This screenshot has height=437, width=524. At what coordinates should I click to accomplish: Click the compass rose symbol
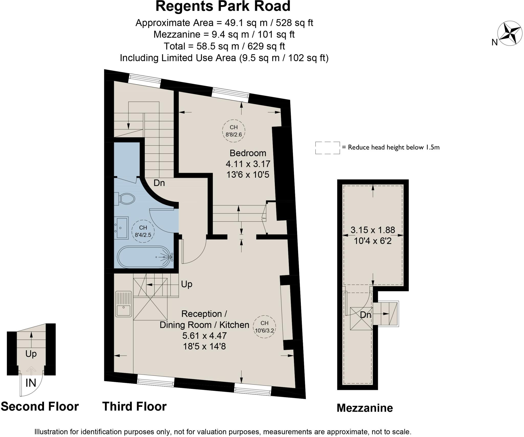point(509,33)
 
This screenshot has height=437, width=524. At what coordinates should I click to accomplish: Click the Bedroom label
point(248,153)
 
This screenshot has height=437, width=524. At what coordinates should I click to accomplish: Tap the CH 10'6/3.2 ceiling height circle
point(264,327)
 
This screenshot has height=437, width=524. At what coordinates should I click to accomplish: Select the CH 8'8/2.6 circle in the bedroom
point(234,131)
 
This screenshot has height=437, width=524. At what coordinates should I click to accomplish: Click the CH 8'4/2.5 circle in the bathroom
point(143,231)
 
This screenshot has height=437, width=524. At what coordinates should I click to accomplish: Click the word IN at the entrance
point(31,383)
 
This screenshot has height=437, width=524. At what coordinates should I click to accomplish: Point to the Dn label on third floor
point(159,183)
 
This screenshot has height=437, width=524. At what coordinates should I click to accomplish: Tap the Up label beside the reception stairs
point(187,284)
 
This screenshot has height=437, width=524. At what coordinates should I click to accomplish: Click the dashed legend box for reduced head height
point(327,148)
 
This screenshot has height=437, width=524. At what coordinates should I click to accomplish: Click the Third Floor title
point(134,406)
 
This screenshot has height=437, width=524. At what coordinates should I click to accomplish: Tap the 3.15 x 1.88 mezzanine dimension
point(373,230)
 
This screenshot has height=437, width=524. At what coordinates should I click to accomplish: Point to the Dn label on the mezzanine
point(365,315)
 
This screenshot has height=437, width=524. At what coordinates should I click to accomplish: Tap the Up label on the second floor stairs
point(31,354)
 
